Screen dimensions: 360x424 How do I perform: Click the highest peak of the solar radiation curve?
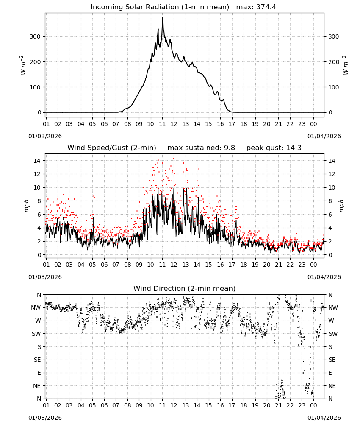[x=163, y=17]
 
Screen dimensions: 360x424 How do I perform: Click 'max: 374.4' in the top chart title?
[x=256, y=7]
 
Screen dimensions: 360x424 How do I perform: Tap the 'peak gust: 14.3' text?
[x=274, y=148]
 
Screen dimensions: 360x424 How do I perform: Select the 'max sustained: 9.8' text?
[x=201, y=148]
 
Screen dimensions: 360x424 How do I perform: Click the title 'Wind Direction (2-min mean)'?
[x=185, y=288]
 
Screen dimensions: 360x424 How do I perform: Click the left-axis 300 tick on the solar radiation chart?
[x=36, y=36]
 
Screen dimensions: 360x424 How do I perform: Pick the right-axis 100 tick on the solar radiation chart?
[x=334, y=87]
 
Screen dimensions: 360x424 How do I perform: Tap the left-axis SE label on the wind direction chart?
[x=37, y=360]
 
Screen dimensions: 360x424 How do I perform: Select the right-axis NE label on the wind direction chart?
[x=332, y=386]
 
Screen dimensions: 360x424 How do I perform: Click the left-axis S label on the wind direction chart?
[x=39, y=347]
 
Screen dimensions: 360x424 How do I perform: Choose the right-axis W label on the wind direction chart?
[x=331, y=321]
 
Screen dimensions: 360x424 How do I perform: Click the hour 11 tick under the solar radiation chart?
[x=162, y=124]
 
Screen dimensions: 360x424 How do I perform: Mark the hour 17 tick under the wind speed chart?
[x=232, y=265]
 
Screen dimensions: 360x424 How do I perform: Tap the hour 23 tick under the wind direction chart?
[x=302, y=405]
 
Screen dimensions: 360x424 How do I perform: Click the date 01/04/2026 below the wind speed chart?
[x=324, y=277]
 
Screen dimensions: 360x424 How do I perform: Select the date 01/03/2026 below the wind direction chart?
[x=45, y=418]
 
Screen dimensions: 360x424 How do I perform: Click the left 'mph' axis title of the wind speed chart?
[x=26, y=206]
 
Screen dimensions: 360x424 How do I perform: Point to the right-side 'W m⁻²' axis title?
[x=346, y=65]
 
